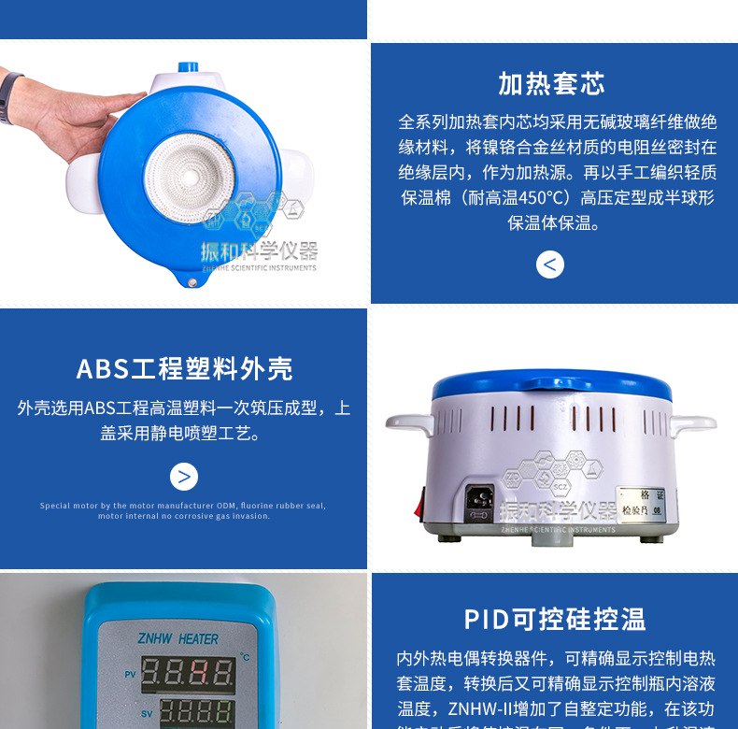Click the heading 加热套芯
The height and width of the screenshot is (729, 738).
551,83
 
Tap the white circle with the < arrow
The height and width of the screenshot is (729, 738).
550,264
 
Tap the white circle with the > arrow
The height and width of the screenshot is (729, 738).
184,477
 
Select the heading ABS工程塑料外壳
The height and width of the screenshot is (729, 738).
184,368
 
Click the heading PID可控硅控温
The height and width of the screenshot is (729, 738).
555,619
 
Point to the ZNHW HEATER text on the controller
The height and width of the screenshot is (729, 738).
177,639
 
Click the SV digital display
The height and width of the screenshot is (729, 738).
188,713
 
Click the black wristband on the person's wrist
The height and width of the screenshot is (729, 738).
10,94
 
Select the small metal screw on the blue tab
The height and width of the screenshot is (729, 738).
192,282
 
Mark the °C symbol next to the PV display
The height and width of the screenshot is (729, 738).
245,657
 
